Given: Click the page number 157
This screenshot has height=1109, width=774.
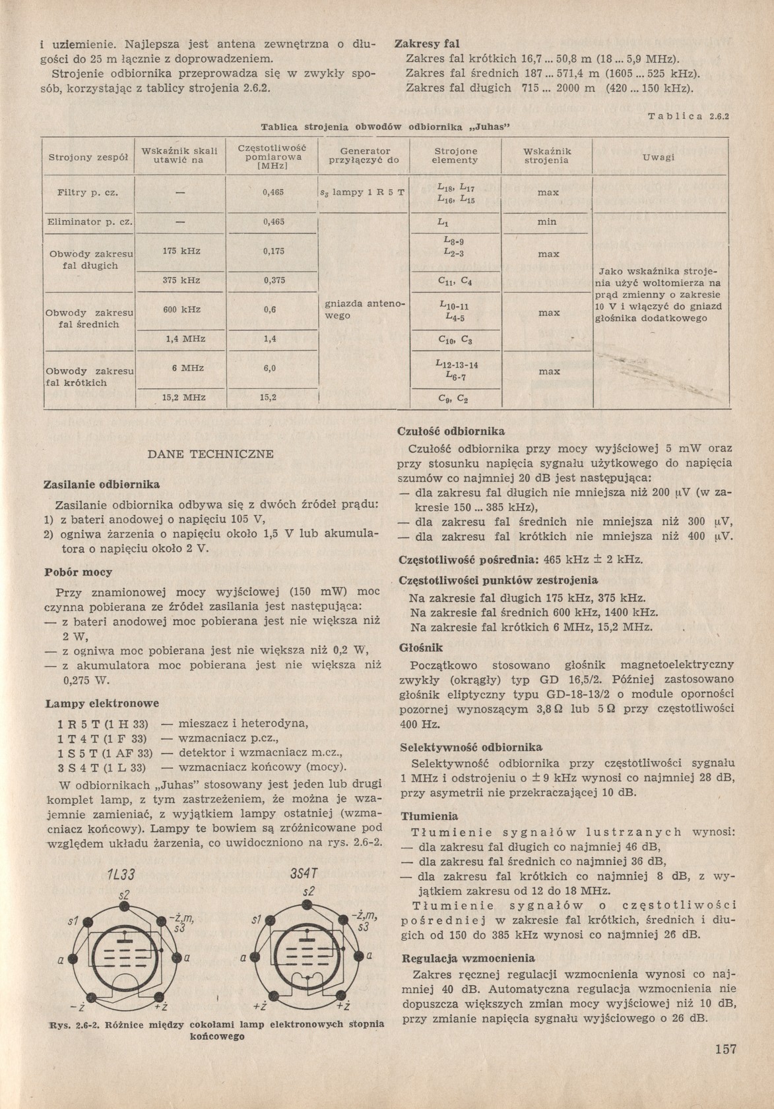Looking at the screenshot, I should (725, 1050).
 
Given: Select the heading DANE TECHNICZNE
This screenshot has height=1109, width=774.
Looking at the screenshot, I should (210, 454).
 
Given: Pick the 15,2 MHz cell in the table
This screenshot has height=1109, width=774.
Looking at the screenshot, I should (184, 398).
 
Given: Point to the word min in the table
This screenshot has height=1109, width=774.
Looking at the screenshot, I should (546, 222).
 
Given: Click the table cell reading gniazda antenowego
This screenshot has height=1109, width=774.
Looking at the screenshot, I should (365, 310).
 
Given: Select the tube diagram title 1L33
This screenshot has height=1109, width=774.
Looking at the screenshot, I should (121, 876).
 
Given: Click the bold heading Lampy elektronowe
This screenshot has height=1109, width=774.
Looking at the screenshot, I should (102, 704).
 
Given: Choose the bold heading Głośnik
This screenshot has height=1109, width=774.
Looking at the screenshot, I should (421, 648).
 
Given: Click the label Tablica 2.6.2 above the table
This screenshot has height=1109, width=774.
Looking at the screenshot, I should (692, 117).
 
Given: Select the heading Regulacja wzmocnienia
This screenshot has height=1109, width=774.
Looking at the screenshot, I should (468, 958).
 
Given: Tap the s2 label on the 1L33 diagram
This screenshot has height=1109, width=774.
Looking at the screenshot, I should (123, 894).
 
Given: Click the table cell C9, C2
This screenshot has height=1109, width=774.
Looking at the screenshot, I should (455, 399).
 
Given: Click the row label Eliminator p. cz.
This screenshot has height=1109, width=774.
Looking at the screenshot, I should (89, 222).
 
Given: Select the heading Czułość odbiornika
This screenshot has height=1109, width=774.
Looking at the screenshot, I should (451, 431).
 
